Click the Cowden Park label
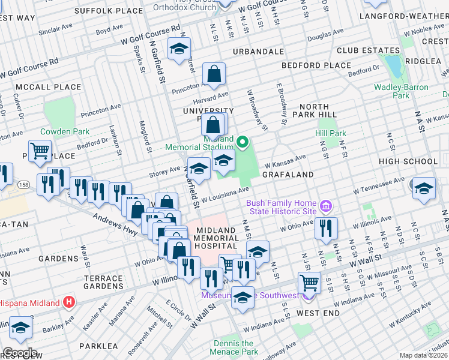coord(65,131)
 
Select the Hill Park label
coord(331,133)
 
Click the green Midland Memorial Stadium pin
coord(243,142)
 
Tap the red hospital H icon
coord(70,302)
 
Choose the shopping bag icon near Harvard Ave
coord(213,74)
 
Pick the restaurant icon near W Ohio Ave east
coord(326,228)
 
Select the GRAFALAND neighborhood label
coord(288,175)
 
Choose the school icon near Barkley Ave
coord(20,328)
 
